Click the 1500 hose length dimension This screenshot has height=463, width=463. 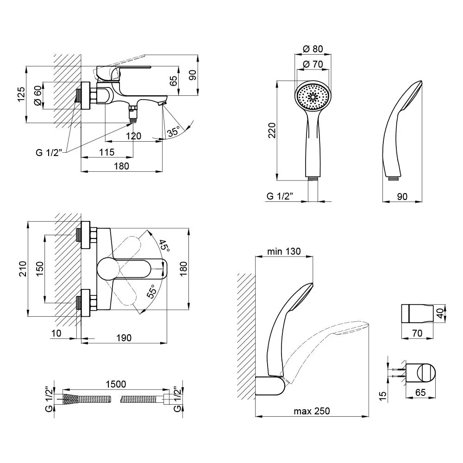116,384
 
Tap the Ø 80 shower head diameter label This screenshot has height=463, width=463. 313,49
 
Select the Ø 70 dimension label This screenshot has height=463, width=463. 313,64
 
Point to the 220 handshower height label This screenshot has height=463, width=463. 272,130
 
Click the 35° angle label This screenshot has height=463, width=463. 174,131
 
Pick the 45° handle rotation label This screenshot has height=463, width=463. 164,246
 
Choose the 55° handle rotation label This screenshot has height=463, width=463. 151,291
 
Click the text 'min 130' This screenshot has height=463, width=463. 284,251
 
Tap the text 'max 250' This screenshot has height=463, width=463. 312,411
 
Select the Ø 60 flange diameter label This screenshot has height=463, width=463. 38,95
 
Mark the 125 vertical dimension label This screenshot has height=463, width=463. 21,94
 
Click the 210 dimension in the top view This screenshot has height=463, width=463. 23,269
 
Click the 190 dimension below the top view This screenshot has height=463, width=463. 124,338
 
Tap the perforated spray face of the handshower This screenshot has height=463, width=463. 313,97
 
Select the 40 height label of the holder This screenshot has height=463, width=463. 440,313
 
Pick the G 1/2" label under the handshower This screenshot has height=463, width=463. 279,196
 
